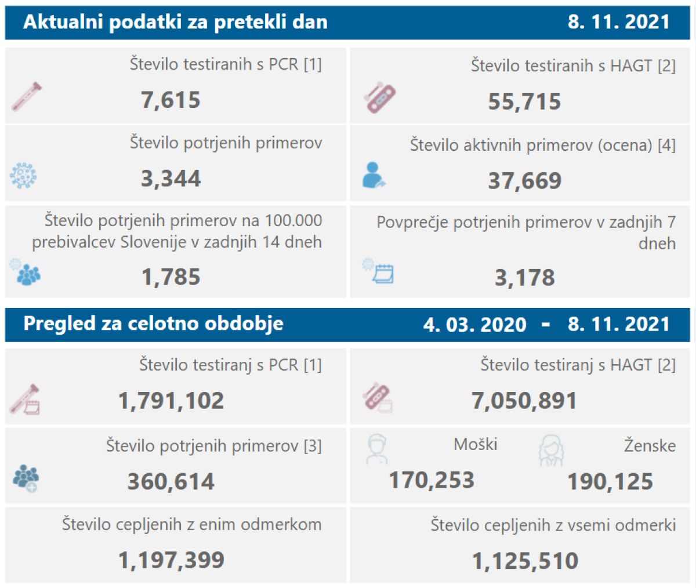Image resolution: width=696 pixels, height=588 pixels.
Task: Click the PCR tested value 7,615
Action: click(171, 100)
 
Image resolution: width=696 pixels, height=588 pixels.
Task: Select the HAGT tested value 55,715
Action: click(524, 102)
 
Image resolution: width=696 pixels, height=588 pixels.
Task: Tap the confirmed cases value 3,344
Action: click(171, 179)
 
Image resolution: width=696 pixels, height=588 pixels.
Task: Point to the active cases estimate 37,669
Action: click(524, 181)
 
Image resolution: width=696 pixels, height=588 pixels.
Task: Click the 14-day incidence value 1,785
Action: click(171, 277)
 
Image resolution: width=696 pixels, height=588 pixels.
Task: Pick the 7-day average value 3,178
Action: click(524, 278)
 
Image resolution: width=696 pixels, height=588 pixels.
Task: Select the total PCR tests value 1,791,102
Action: click(171, 401)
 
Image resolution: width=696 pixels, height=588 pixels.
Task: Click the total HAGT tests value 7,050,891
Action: click(524, 401)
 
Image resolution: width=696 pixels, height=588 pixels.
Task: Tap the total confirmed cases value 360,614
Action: click(171, 482)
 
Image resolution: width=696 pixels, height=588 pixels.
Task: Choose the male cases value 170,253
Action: click(432, 481)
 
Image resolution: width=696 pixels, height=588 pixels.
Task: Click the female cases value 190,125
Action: click(610, 482)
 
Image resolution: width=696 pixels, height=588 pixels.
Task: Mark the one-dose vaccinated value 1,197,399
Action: click(171, 561)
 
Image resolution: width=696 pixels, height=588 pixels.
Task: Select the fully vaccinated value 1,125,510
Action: click(524, 561)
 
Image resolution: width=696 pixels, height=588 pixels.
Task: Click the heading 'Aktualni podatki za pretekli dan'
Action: click(175, 23)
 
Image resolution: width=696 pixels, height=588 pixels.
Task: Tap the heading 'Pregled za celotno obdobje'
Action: click(153, 324)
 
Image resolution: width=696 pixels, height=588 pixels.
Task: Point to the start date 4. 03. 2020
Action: click(474, 325)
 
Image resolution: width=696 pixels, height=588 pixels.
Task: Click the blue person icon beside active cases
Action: click(374, 175)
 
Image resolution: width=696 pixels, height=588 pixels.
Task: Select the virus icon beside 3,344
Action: click(24, 176)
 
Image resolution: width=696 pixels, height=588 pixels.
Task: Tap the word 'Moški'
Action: click(476, 445)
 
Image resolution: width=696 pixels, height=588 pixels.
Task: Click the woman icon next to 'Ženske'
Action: click(550, 451)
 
